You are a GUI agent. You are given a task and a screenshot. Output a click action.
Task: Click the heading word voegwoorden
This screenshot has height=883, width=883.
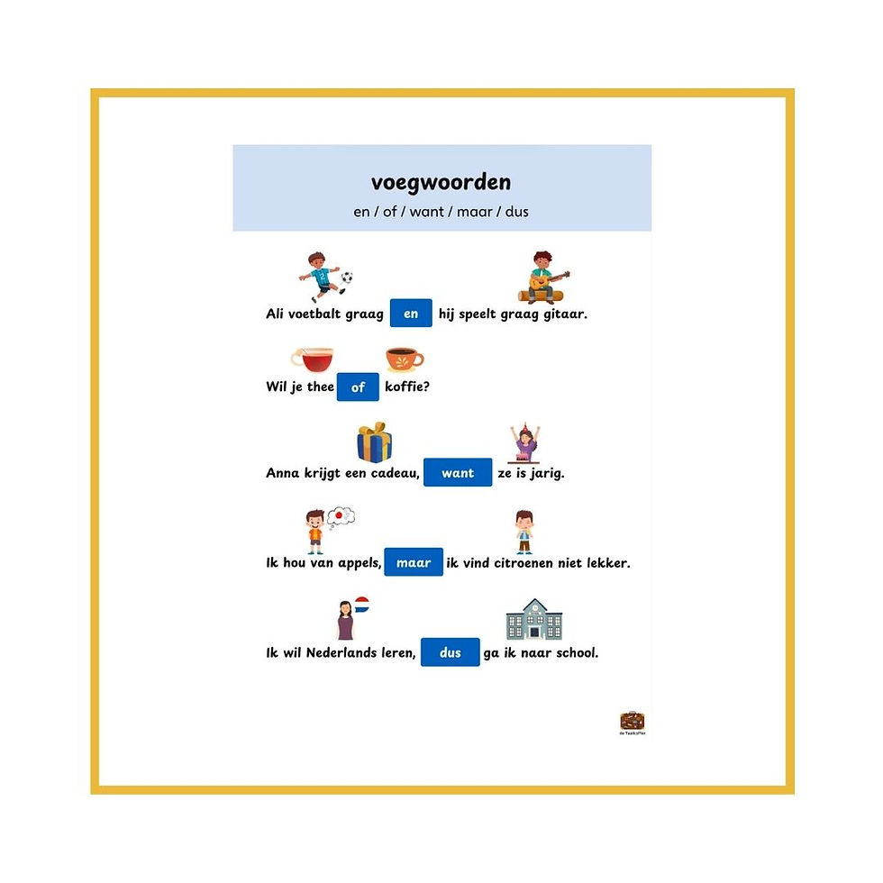[x=441, y=182]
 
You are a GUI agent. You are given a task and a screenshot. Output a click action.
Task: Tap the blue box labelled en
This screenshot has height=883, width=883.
[x=411, y=314]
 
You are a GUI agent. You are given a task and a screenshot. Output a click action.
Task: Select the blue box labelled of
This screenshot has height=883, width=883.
[x=358, y=387]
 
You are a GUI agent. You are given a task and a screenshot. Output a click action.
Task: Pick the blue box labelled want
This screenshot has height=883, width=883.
[x=458, y=472]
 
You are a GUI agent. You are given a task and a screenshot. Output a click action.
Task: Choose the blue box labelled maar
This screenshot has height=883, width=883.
[x=414, y=562]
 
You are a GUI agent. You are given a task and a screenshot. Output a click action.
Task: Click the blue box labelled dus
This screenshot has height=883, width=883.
[x=450, y=652]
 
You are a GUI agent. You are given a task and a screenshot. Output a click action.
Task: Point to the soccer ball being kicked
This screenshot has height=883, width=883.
[x=347, y=278]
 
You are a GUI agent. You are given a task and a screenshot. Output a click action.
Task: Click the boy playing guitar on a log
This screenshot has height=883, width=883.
[x=542, y=278]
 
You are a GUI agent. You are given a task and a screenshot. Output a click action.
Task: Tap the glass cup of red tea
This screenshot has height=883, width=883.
[x=314, y=360]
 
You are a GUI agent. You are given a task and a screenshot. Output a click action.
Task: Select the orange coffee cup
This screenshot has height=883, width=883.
[x=404, y=360]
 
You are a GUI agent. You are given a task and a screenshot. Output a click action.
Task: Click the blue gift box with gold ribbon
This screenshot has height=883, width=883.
[x=375, y=442]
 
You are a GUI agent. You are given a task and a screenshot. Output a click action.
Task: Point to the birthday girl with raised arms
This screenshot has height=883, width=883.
[x=524, y=443]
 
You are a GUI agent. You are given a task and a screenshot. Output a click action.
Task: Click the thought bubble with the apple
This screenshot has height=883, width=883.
[x=341, y=516]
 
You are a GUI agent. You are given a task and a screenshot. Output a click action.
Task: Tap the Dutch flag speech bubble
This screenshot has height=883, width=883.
[x=361, y=605]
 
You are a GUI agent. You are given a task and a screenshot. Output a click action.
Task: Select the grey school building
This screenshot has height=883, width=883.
[x=534, y=620]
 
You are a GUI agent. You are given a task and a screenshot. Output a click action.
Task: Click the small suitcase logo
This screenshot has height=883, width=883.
[x=633, y=721]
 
